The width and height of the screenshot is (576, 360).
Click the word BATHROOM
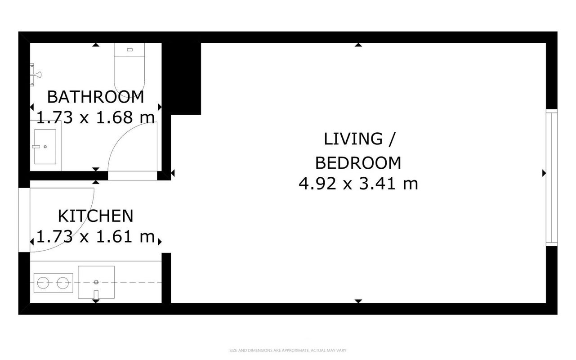click(x=95, y=97)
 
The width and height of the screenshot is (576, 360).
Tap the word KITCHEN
click(x=95, y=216)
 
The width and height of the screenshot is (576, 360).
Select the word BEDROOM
click(x=358, y=163)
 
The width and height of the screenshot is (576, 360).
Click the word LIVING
click(x=353, y=139)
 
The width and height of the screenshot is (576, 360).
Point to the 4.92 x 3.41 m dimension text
click(x=358, y=184)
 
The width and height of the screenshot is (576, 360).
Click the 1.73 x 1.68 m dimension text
click(x=95, y=117)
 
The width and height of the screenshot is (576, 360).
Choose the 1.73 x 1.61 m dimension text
click(x=95, y=237)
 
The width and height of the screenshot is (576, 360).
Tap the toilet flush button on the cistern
click(x=130, y=49)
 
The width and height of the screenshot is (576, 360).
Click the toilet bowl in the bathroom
click(x=129, y=77)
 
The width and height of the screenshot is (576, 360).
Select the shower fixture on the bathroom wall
click(x=36, y=75)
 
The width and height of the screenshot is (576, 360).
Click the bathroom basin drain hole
click(x=45, y=147)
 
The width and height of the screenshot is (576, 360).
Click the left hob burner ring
click(x=43, y=283)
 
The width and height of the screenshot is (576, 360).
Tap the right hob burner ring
click(x=63, y=283)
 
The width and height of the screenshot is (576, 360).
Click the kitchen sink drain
click(x=96, y=282)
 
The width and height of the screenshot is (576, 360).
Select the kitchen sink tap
click(x=96, y=295)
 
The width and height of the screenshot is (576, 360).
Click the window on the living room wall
click(x=552, y=178)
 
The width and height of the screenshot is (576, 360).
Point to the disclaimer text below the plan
click(x=288, y=351)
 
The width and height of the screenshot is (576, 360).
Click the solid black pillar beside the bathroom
click(x=182, y=78)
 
